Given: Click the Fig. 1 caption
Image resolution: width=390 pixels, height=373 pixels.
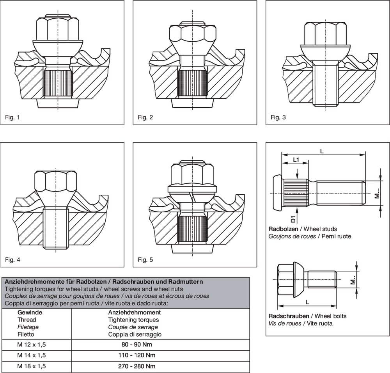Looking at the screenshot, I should coord(12,117).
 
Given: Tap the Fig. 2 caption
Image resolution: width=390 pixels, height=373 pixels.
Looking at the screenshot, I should coord(145,117).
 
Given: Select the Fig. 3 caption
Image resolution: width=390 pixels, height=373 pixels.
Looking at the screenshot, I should coord(278,117).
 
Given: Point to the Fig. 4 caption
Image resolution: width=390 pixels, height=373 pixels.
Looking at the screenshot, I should coord(12,259).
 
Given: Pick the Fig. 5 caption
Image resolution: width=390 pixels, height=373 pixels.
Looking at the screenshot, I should coord(145,259).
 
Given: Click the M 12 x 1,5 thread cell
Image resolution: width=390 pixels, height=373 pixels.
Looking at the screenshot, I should coord(32,345).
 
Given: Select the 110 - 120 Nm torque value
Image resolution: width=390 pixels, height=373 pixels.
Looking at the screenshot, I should coord(136,355).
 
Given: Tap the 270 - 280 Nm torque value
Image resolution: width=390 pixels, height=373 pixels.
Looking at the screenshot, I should coord(136,366).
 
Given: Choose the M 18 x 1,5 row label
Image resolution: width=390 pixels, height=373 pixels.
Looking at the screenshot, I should coord(32,366).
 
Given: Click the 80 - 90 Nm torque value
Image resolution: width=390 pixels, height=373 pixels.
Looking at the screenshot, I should coord(136,345).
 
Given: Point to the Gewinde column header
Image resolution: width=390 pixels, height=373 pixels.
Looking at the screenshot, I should coord(30,313).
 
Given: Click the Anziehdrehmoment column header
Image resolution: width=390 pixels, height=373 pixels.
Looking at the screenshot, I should coord(134,313).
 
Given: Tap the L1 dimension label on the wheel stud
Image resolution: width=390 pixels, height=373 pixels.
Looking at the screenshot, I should coord(296,160).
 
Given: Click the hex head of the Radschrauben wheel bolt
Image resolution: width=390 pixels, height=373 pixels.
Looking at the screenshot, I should coord(285,280).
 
